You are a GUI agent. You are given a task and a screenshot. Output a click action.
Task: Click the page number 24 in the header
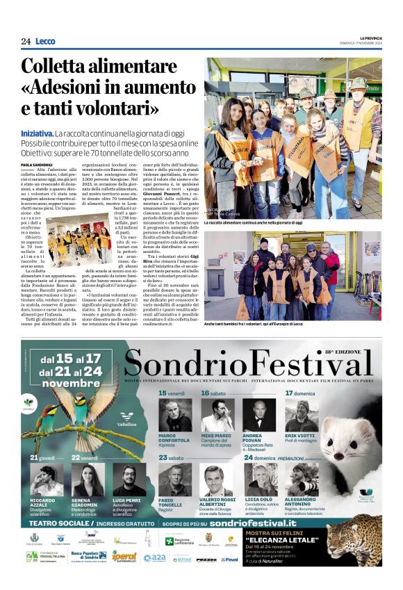[x=26, y=41]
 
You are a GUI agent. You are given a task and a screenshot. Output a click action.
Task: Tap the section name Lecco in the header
[x=45, y=41]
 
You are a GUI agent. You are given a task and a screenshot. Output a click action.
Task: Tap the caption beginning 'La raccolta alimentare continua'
[x=253, y=222]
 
